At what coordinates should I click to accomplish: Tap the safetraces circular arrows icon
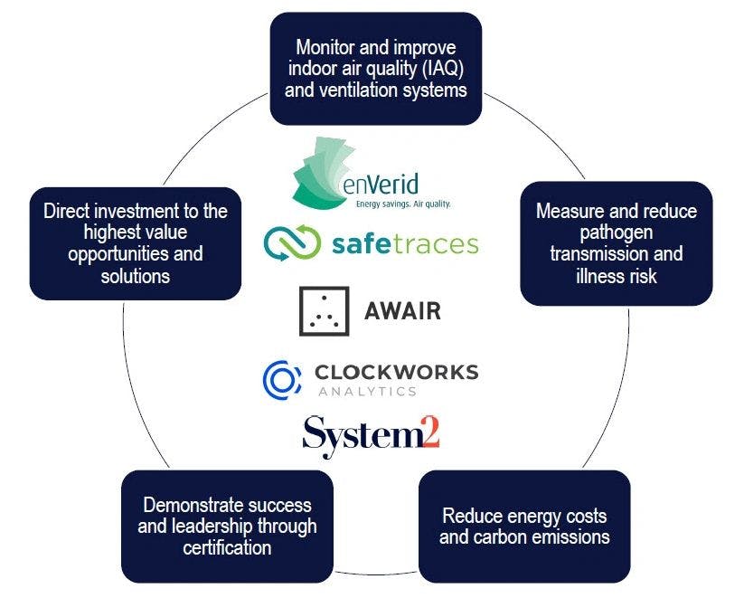pos(292,242)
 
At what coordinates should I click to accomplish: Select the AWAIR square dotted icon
pos(323,311)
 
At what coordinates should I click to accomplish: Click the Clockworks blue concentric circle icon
pos(281,378)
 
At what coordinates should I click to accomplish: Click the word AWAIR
pos(401,312)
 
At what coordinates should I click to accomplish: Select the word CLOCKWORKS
pos(397,372)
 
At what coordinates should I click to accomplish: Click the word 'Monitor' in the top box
pos(325,48)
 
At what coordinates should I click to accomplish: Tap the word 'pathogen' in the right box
pos(616,233)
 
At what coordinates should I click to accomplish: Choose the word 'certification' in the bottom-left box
pos(227,547)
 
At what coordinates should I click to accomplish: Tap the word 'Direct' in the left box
pos(67,212)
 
